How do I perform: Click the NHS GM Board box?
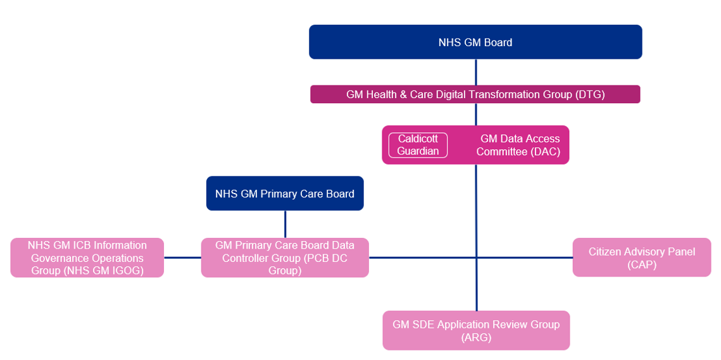[475, 42]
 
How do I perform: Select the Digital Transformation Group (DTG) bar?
[475, 94]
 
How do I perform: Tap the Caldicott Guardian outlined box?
[418, 145]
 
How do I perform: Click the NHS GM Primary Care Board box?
[285, 194]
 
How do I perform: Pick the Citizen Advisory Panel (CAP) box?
[641, 258]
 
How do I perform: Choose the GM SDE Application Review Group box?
[476, 330]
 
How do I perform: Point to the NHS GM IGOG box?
[87, 258]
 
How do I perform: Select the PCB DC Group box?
[285, 258]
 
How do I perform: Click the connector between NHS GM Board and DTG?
[476, 72]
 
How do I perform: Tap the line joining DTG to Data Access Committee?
[476, 115]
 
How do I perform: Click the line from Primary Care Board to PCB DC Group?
[285, 224]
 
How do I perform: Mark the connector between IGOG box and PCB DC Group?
[182, 258]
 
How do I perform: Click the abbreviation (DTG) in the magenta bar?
[590, 95]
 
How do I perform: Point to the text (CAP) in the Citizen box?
[642, 264]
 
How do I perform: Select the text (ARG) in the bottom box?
[476, 338]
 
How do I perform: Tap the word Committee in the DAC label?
[503, 152]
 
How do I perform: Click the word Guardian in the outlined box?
[418, 151]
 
